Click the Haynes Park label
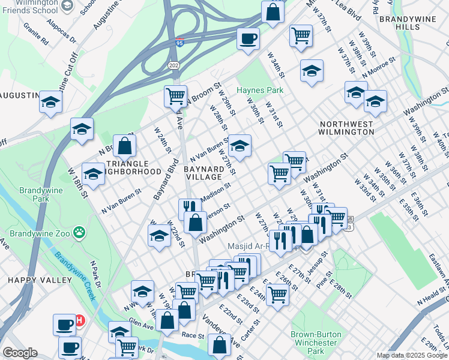coord(259,90)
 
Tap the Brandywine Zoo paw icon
coord(79,232)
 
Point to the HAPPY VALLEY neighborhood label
coord(31,280)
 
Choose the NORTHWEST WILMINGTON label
coord(347,128)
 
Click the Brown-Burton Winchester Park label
coord(316,342)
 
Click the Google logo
coord(20,353)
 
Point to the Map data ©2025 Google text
coord(412,355)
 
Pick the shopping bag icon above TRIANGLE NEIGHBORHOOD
coord(124,145)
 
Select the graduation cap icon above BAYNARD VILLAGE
coord(239,145)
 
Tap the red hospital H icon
coord(79,322)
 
